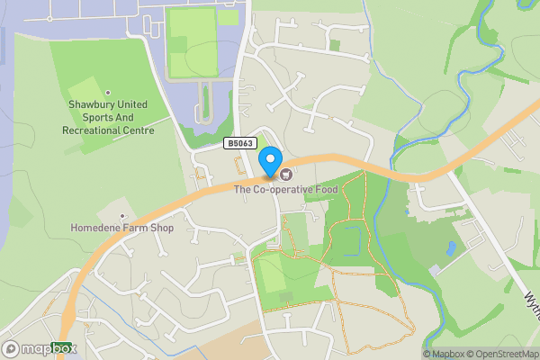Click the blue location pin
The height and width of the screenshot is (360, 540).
coord(269,163)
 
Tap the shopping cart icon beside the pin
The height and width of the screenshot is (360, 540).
coord(286,174)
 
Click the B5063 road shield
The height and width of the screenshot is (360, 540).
coord(239,143)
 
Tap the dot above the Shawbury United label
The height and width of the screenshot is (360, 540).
coord(109,93)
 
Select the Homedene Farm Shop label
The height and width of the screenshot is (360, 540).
coord(121,229)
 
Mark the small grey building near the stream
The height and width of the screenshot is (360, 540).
coord(435,270)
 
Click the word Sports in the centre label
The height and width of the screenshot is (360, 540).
coord(99,118)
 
